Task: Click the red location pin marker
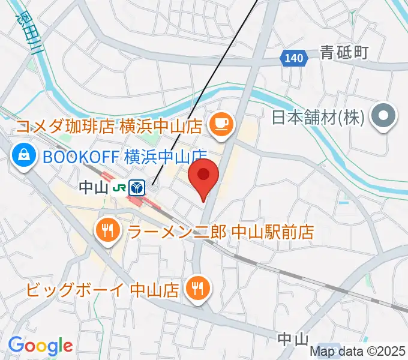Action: click(x=203, y=175)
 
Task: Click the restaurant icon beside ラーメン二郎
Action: click(x=108, y=229)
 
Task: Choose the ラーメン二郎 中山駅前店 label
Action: click(x=221, y=231)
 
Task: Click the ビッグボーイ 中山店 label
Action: click(x=103, y=290)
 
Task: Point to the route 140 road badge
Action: click(x=294, y=58)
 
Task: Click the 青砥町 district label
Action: click(x=344, y=53)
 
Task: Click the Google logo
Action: click(x=40, y=346)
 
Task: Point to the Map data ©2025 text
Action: click(x=358, y=353)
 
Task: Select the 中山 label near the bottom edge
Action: click(x=293, y=339)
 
